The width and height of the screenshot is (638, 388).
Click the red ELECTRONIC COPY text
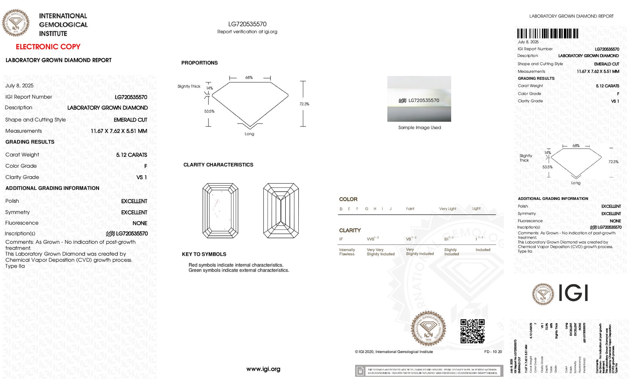(48, 47)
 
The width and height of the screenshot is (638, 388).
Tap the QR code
(472, 331)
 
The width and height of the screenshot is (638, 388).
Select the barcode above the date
(548, 33)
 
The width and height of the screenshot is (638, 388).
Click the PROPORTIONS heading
(199, 63)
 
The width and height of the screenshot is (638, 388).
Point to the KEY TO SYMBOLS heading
(204, 254)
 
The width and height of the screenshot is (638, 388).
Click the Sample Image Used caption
(419, 127)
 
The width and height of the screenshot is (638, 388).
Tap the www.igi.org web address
(263, 369)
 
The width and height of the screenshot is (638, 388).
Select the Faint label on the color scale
(410, 209)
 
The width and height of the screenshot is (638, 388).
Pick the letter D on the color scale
(341, 209)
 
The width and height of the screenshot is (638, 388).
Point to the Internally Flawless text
(347, 252)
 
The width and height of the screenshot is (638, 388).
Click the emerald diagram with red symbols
(220, 210)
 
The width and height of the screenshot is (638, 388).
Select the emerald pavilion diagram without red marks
(281, 210)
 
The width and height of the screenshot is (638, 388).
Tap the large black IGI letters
(573, 293)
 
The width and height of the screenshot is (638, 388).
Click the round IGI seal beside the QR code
(428, 328)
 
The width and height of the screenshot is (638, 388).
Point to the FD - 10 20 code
(493, 352)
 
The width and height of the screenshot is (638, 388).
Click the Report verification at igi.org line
(247, 32)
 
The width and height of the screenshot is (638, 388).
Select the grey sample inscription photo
(419, 99)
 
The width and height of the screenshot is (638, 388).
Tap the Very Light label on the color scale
(448, 209)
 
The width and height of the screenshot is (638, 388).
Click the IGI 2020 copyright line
(394, 352)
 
